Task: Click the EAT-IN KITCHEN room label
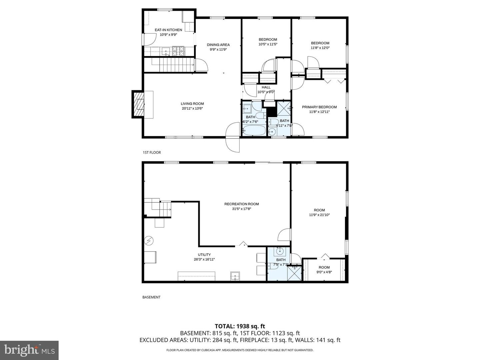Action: (x=168, y=30)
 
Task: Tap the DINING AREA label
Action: (x=218, y=45)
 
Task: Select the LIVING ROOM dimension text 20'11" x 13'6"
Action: (x=192, y=108)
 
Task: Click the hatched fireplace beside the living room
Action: (x=138, y=104)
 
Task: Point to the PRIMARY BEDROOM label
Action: (x=319, y=107)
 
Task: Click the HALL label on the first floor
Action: (x=266, y=87)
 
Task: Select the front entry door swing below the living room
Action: (x=233, y=137)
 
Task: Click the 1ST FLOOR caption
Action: (x=152, y=153)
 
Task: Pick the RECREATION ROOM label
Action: (x=241, y=204)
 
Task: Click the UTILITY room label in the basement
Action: (x=204, y=255)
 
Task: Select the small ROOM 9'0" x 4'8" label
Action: (x=324, y=267)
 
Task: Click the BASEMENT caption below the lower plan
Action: (x=151, y=297)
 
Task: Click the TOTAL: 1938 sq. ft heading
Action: (x=240, y=326)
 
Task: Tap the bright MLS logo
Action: (x=29, y=350)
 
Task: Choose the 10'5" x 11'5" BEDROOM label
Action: (x=268, y=39)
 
